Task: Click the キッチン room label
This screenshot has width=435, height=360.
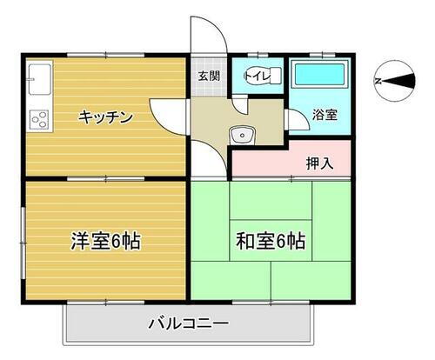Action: click(107, 117)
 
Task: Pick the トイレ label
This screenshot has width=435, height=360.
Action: click(258, 77)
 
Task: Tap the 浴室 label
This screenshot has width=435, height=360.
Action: click(325, 115)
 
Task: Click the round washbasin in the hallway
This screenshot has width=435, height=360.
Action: click(240, 134)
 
